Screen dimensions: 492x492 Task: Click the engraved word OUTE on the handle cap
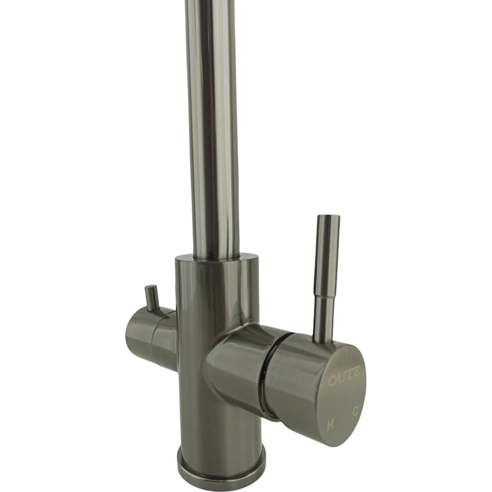pyautogui.click(x=344, y=376)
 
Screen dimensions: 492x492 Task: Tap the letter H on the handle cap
pyautogui.click(x=330, y=425)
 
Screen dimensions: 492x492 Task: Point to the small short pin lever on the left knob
pyautogui.click(x=151, y=298)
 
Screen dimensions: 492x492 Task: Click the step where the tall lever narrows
pyautogui.click(x=325, y=295)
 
